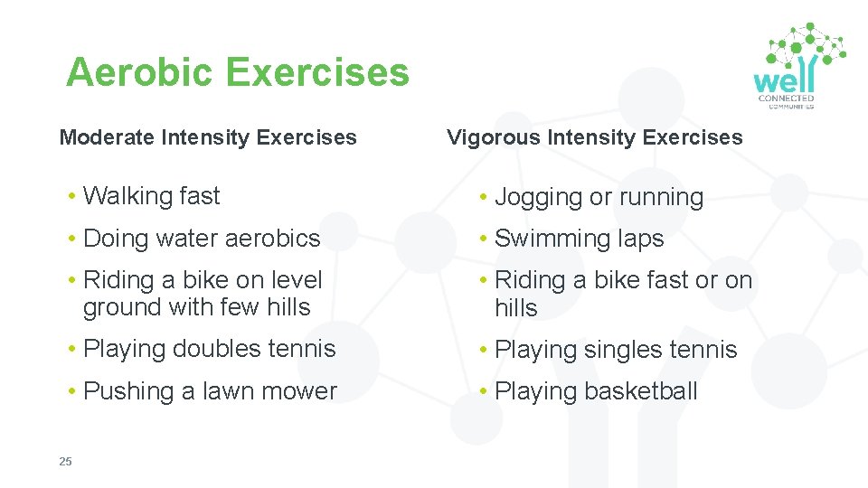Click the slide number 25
click(65, 462)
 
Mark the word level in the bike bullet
click(295, 280)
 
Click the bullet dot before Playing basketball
click(486, 391)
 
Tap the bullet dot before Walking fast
click(72, 196)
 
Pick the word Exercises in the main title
click(318, 72)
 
